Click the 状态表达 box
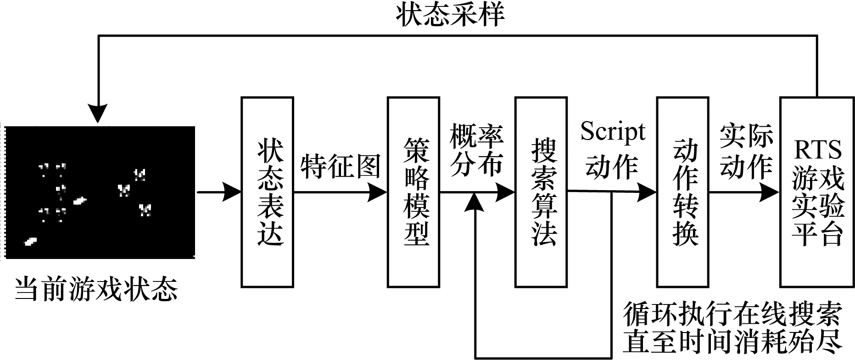click(268, 192)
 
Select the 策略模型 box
click(413, 192)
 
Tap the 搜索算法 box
click(541, 192)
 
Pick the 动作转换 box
click(683, 192)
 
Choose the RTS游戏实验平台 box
click(817, 192)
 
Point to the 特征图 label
click(341, 166)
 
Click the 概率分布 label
click(476, 149)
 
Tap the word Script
click(613, 132)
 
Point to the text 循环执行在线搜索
click(732, 314)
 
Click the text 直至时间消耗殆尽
click(732, 340)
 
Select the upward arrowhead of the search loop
click(475, 202)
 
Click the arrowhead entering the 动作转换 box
click(648, 192)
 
